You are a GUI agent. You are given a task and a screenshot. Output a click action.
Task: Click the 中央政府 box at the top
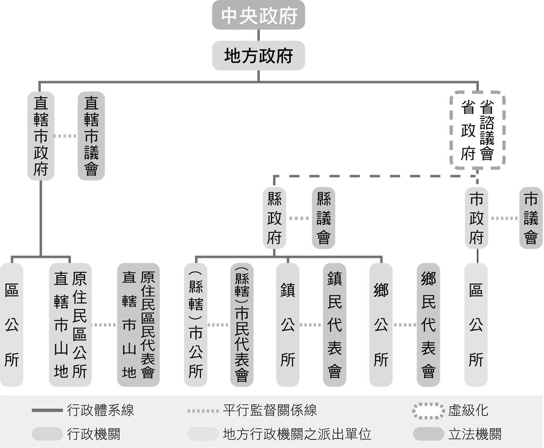[259, 15]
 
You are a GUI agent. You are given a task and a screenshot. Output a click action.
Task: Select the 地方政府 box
[259, 56]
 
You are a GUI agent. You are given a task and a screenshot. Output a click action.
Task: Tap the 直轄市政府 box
[40, 135]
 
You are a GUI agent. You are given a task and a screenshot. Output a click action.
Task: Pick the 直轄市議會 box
[91, 135]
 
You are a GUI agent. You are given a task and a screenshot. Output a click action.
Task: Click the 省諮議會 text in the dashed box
[487, 130]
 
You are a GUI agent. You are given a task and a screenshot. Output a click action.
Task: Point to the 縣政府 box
[274, 218]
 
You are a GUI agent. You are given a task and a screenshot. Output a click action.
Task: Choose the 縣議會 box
[324, 218]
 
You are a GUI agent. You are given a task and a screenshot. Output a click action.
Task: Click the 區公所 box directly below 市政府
[476, 324]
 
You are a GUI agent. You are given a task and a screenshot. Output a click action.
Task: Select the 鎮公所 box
[287, 324]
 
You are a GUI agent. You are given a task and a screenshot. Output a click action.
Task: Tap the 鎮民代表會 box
[335, 324]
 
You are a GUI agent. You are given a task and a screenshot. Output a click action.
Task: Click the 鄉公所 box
[380, 324]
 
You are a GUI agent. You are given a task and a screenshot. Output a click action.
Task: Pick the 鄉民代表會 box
[428, 324]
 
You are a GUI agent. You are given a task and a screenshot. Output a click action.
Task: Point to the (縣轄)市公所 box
[195, 324]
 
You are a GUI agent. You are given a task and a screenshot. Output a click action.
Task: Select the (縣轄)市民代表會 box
[242, 324]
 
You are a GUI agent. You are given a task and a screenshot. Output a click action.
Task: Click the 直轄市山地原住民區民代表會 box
[139, 324]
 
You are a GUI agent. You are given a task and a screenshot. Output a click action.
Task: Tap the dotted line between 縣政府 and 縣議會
[299, 218]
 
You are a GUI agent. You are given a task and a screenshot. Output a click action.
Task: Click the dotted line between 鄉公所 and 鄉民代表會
[404, 325]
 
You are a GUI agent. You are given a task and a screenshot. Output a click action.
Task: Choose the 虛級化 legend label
[468, 410]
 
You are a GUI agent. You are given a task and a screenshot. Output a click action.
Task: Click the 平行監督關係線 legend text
[269, 410]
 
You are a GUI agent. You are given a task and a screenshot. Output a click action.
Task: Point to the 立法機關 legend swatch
[429, 434]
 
